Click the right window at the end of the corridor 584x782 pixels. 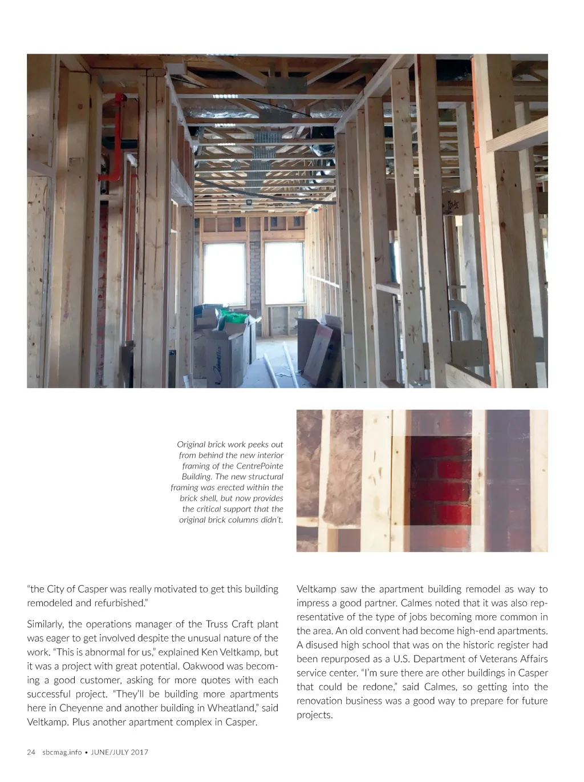pyautogui.click(x=284, y=273)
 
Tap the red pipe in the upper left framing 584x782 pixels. pyautogui.click(x=119, y=137)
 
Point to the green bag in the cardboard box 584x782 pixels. pyautogui.click(x=234, y=318)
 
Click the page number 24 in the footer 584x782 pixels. pyautogui.click(x=31, y=752)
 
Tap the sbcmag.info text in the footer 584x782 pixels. pyautogui.click(x=62, y=752)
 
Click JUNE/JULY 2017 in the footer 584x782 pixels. pyautogui.click(x=120, y=752)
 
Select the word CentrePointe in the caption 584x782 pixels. pyautogui.click(x=260, y=466)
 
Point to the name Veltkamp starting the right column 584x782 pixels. pyautogui.click(x=316, y=589)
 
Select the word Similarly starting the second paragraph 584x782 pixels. pyautogui.click(x=45, y=624)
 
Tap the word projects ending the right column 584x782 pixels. pyautogui.click(x=313, y=715)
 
